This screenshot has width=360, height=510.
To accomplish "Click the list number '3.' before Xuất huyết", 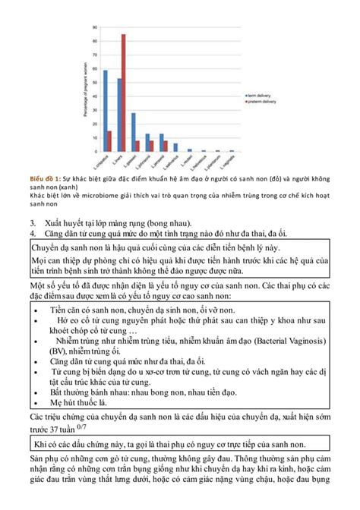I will (34, 222).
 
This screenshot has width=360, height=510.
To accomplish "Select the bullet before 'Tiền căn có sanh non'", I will (37, 312).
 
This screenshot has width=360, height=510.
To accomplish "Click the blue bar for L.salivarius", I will (174, 148).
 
